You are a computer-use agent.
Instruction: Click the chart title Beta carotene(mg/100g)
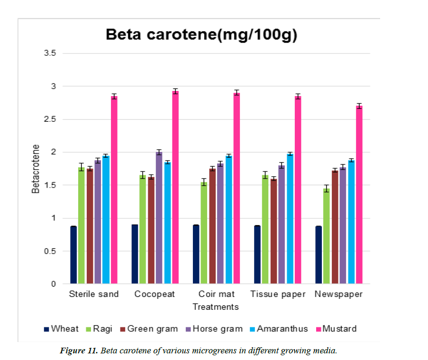(x=201, y=35)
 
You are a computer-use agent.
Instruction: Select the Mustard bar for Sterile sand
(x=114, y=189)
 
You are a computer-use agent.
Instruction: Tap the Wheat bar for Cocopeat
(x=135, y=254)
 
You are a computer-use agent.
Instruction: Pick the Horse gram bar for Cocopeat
(x=159, y=218)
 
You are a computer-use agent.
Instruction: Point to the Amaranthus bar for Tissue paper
(x=290, y=218)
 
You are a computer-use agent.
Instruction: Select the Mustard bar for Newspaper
(x=359, y=195)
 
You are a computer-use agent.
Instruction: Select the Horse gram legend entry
(x=218, y=329)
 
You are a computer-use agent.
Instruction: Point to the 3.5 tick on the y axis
(x=50, y=54)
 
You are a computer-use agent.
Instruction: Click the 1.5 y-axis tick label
(x=50, y=185)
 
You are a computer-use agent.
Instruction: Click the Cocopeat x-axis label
(x=155, y=294)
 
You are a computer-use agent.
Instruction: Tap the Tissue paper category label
(x=278, y=294)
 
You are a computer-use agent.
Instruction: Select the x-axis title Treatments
(x=216, y=307)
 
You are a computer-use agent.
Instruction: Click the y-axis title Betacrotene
(x=36, y=168)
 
